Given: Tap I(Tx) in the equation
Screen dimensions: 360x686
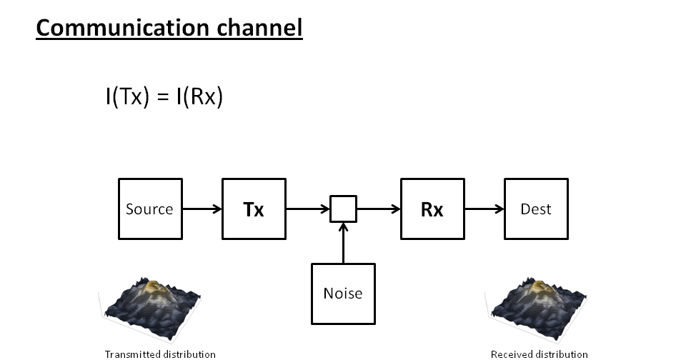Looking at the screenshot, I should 126,96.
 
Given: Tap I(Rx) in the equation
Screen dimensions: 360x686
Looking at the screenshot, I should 199,96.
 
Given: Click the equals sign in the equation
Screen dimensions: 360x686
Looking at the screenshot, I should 163,97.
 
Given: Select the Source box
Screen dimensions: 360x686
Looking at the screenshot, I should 149,209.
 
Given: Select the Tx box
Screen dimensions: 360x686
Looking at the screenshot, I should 254,209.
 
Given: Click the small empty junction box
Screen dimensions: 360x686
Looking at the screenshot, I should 343,209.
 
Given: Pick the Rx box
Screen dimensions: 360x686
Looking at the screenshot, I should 432,209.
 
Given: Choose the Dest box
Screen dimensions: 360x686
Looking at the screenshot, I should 536,209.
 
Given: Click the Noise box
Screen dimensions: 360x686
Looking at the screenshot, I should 343,293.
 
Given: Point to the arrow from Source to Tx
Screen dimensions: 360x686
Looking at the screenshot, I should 202,209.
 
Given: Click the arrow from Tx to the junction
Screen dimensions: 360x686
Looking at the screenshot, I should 308,209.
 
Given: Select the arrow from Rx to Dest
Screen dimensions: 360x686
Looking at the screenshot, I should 484,209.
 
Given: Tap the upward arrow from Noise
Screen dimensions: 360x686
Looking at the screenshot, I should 343,243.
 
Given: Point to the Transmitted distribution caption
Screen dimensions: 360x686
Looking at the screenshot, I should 160,354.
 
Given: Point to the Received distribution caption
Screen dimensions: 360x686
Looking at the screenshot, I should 540,354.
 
